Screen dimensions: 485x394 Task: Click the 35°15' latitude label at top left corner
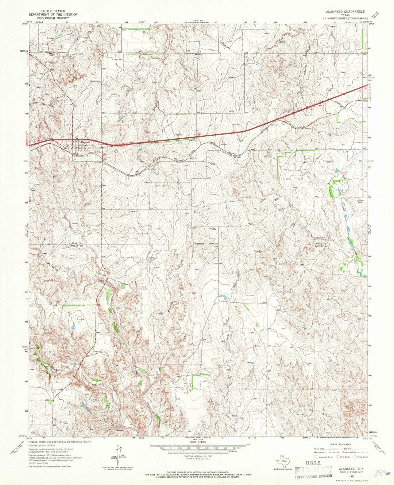(x=24, y=24)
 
